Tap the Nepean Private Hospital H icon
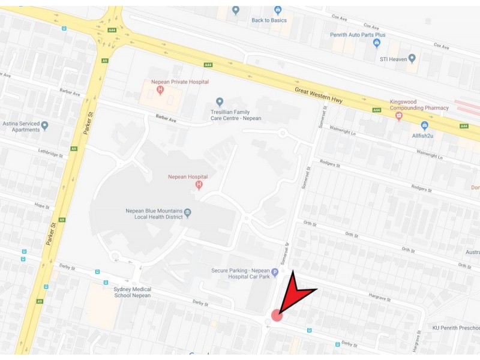[160, 90]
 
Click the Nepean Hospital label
[188, 177]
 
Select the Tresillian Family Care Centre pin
[220, 102]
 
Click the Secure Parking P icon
[275, 272]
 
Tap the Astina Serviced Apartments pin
[44, 126]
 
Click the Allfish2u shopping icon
[425, 125]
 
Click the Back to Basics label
[269, 20]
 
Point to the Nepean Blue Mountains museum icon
[188, 212]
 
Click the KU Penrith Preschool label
[456, 328]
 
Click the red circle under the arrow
[277, 315]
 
